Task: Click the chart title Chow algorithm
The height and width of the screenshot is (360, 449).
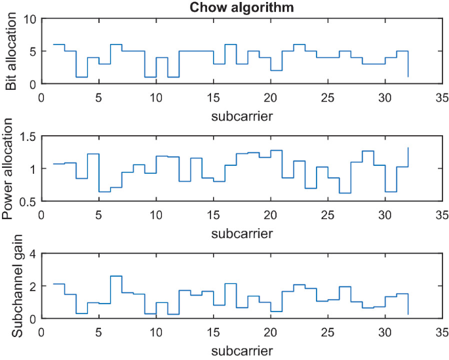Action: tap(241, 8)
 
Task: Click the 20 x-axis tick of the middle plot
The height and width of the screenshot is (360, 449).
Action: tap(269, 214)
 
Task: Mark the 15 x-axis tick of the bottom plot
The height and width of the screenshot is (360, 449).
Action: tap(212, 332)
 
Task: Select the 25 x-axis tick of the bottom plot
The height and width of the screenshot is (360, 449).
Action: tap(327, 332)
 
